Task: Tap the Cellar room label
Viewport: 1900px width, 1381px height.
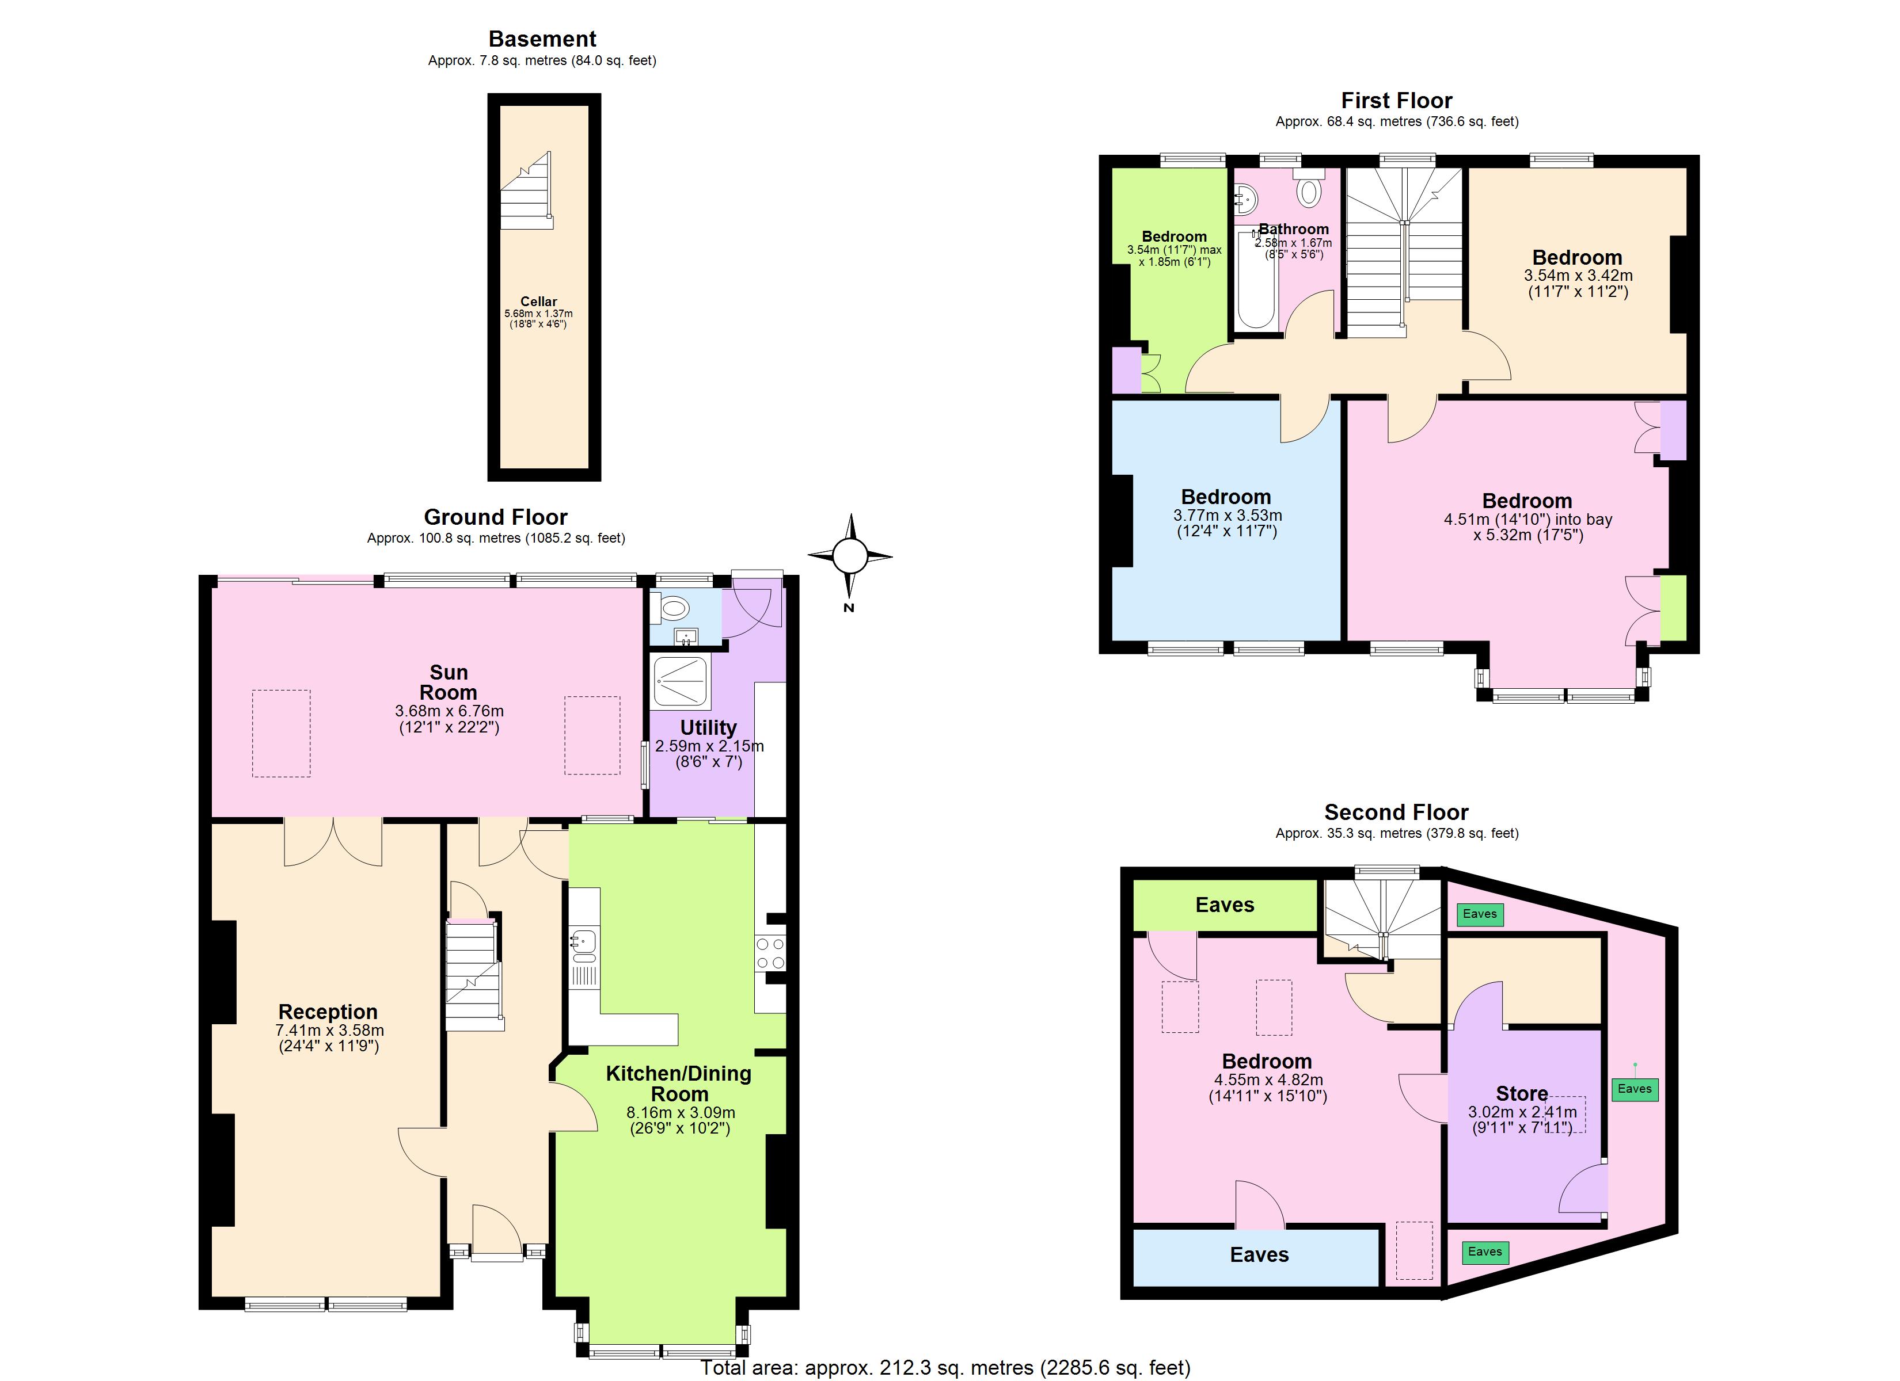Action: pyautogui.click(x=539, y=302)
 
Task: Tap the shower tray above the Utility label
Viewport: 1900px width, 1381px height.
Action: pyautogui.click(x=681, y=681)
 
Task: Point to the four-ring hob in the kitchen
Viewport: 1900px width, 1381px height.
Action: pyautogui.click(x=770, y=953)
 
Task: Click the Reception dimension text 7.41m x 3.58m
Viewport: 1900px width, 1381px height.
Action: pyautogui.click(x=329, y=1030)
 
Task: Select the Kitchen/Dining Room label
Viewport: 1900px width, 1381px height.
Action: pyautogui.click(x=679, y=1084)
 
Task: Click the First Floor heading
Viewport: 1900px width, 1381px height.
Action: pyautogui.click(x=1397, y=101)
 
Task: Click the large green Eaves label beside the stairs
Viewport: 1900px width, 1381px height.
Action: pyautogui.click(x=1224, y=905)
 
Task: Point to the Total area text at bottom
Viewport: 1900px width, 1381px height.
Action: pyautogui.click(x=945, y=1368)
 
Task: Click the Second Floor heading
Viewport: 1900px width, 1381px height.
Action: pyautogui.click(x=1396, y=812)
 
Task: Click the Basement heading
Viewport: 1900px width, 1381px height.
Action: pyautogui.click(x=542, y=39)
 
